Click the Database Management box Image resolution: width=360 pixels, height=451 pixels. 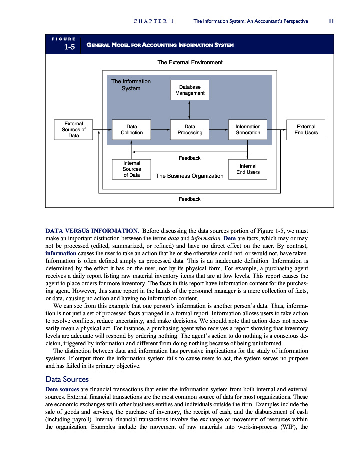coord(190,90)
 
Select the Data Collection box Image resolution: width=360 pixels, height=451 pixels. coord(132,130)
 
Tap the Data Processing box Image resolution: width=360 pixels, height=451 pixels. coord(190,130)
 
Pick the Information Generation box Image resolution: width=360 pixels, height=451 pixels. coord(248,130)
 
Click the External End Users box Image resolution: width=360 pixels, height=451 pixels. coord(306,130)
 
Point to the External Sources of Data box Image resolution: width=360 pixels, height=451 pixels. coord(73,130)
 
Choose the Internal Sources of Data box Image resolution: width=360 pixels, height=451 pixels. coord(132,169)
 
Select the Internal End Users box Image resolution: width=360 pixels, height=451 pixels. coord(248,169)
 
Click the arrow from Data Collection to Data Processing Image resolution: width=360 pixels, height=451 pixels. coord(161,130)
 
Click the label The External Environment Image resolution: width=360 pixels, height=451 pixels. coord(190,63)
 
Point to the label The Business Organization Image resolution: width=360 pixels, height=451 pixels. coord(189,176)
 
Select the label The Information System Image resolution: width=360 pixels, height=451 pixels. coord(131,85)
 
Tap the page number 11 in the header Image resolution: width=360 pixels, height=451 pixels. coord(331,21)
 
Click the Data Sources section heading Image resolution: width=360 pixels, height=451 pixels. coord(67,379)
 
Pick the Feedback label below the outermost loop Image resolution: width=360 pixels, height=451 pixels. coord(190,199)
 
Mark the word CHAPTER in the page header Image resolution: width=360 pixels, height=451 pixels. coord(150,21)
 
